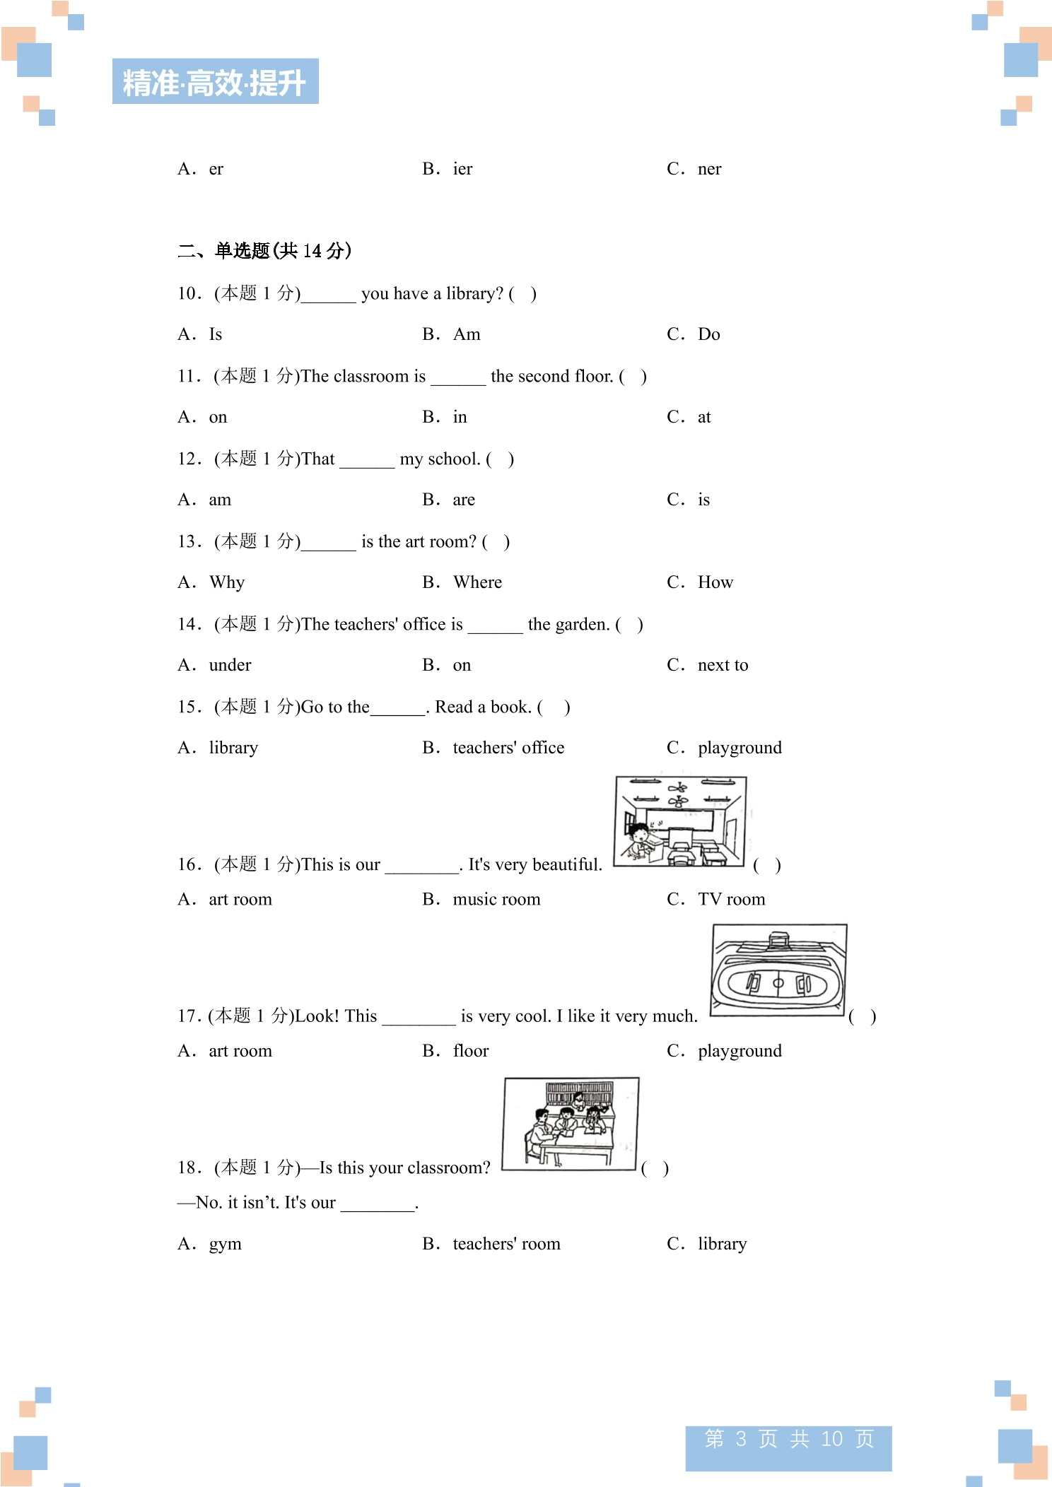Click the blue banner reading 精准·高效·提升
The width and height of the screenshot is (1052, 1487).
pyautogui.click(x=216, y=81)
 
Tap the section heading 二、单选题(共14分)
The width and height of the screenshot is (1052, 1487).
pyautogui.click(x=264, y=251)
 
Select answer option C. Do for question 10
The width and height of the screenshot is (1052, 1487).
pyautogui.click(x=694, y=334)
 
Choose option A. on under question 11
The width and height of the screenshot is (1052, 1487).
pyautogui.click(x=202, y=417)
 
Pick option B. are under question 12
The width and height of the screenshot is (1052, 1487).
pyautogui.click(x=449, y=500)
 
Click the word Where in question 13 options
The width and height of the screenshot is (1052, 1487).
pyautogui.click(x=478, y=582)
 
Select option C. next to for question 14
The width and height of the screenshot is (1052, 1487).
pyautogui.click(x=708, y=665)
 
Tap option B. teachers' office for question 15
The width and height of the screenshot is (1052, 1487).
pyautogui.click(x=493, y=748)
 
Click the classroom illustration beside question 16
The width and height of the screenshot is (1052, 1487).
pyautogui.click(x=680, y=821)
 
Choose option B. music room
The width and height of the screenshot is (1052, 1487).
pyautogui.click(x=481, y=900)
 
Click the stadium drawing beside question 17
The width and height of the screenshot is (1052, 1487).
pyautogui.click(x=778, y=970)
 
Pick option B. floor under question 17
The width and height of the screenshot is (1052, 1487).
pyautogui.click(x=456, y=1051)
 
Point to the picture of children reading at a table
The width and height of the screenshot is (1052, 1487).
pyautogui.click(x=571, y=1124)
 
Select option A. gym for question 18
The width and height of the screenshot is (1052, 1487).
pyautogui.click(x=209, y=1244)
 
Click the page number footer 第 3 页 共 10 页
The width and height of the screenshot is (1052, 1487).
pyautogui.click(x=789, y=1438)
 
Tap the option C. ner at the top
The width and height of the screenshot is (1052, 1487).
pyautogui.click(x=694, y=169)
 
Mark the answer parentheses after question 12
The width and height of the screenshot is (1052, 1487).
pyautogui.click(x=500, y=459)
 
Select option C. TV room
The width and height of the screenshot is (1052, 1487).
pyautogui.click(x=716, y=900)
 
